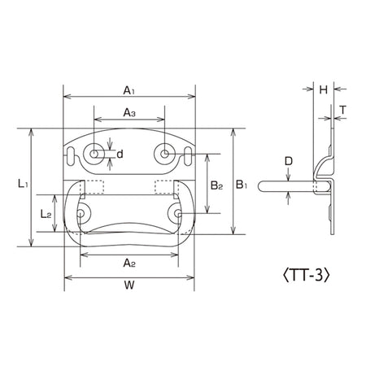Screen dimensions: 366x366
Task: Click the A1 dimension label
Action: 129,90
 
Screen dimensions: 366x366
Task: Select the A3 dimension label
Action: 129,112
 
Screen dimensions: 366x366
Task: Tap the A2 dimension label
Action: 129,263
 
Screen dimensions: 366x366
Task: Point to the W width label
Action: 129,285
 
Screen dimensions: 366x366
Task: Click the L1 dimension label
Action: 23,184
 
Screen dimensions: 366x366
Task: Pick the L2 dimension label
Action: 46,214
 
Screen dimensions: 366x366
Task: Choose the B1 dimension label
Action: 242,185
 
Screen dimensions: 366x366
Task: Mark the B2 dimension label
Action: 216,185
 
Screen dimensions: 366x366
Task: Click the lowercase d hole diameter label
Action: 120,154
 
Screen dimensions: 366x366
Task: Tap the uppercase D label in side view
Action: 289,161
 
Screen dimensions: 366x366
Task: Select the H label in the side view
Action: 324,89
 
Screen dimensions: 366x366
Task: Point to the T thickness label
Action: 343,110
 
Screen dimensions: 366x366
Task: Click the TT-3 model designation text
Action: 307,275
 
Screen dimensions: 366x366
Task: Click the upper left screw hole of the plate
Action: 94,154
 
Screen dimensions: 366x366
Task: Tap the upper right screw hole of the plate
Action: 164,154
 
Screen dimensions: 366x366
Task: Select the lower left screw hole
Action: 81,213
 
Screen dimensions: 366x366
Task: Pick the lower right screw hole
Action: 178,213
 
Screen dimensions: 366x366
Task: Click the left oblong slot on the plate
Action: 70,156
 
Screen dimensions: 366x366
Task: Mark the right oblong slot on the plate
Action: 188,156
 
